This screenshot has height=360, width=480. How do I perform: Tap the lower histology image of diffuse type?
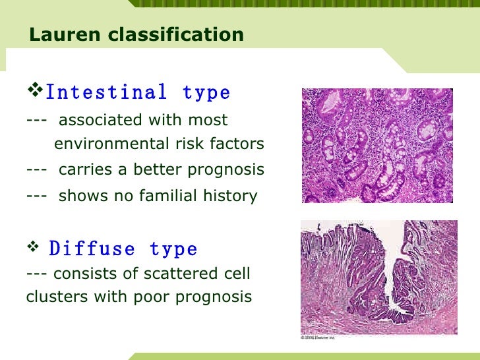(379, 277)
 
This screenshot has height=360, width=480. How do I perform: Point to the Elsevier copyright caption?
(318, 338)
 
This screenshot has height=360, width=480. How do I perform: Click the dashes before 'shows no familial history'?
(36, 196)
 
